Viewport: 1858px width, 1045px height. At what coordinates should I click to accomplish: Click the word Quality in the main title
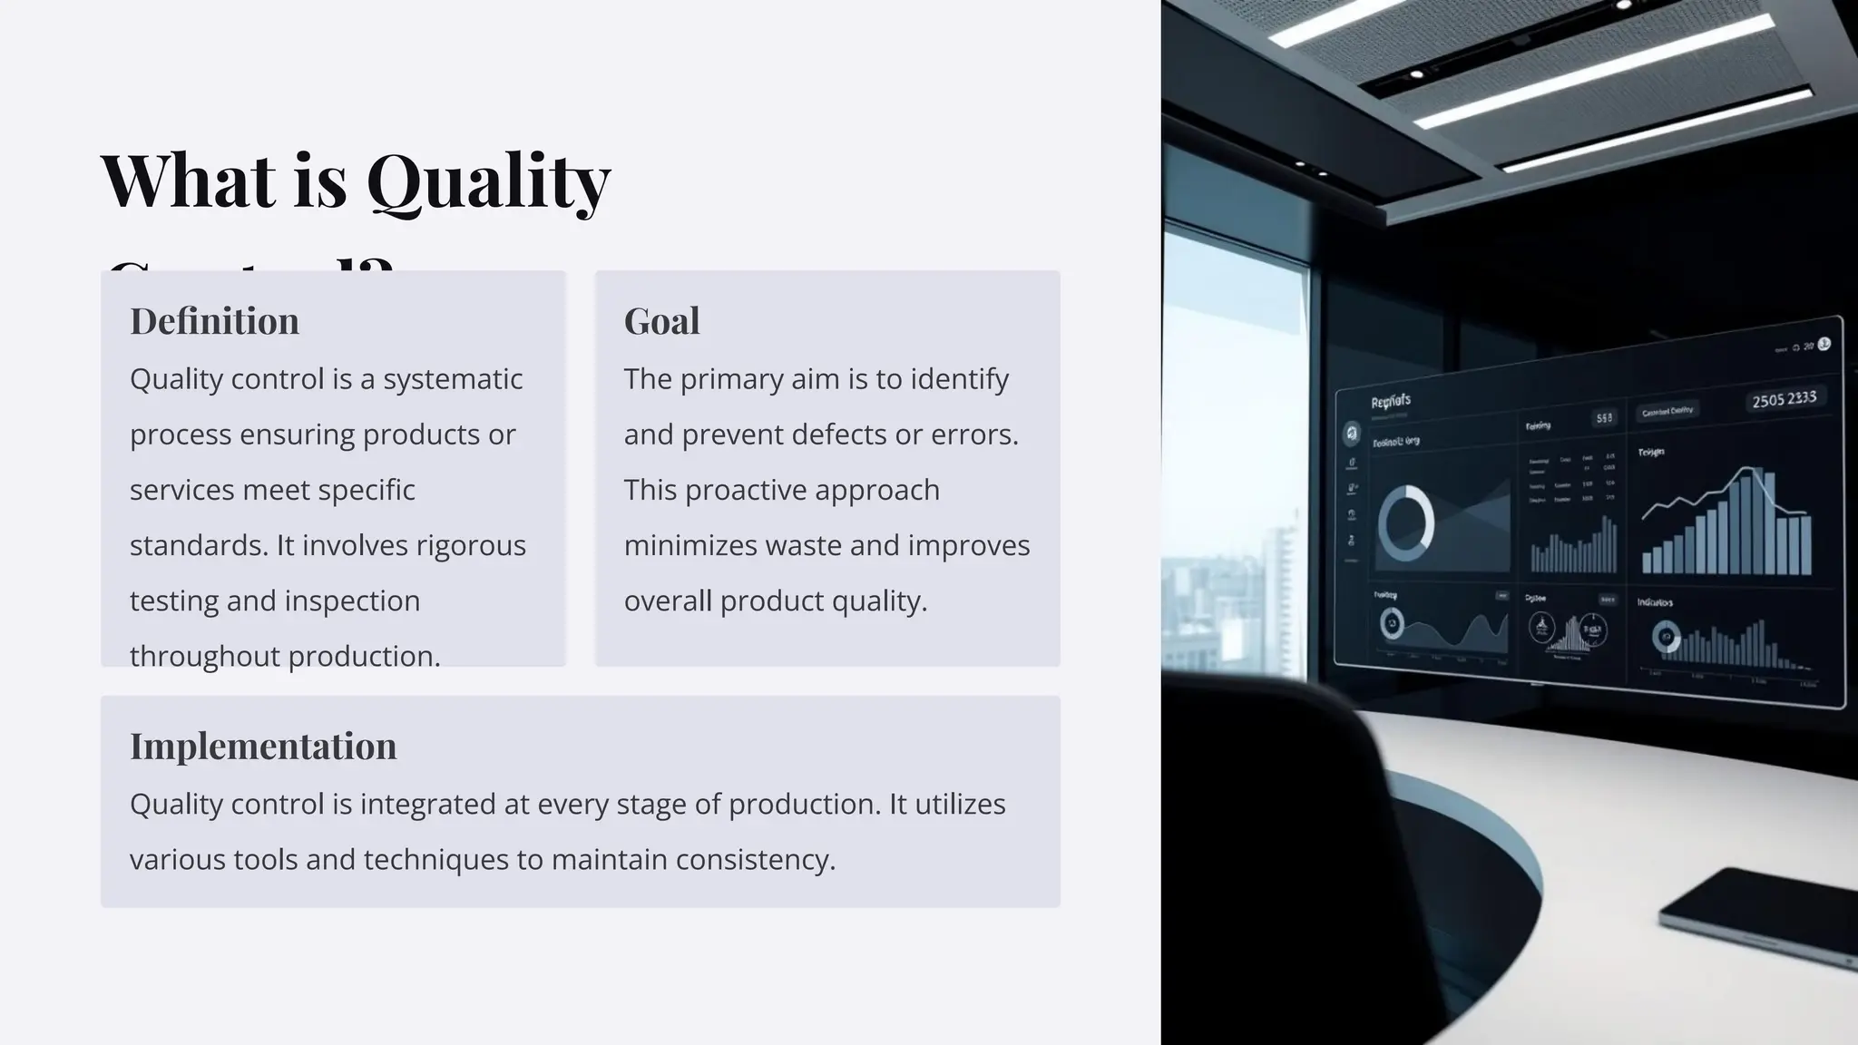(488, 181)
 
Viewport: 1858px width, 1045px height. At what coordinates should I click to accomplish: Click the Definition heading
(214, 321)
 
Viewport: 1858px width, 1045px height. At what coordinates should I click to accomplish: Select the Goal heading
(661, 321)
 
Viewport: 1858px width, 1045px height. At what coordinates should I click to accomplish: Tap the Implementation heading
(263, 747)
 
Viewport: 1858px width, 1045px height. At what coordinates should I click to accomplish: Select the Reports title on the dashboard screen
(1390, 402)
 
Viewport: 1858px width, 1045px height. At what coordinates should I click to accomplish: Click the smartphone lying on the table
(1760, 916)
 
